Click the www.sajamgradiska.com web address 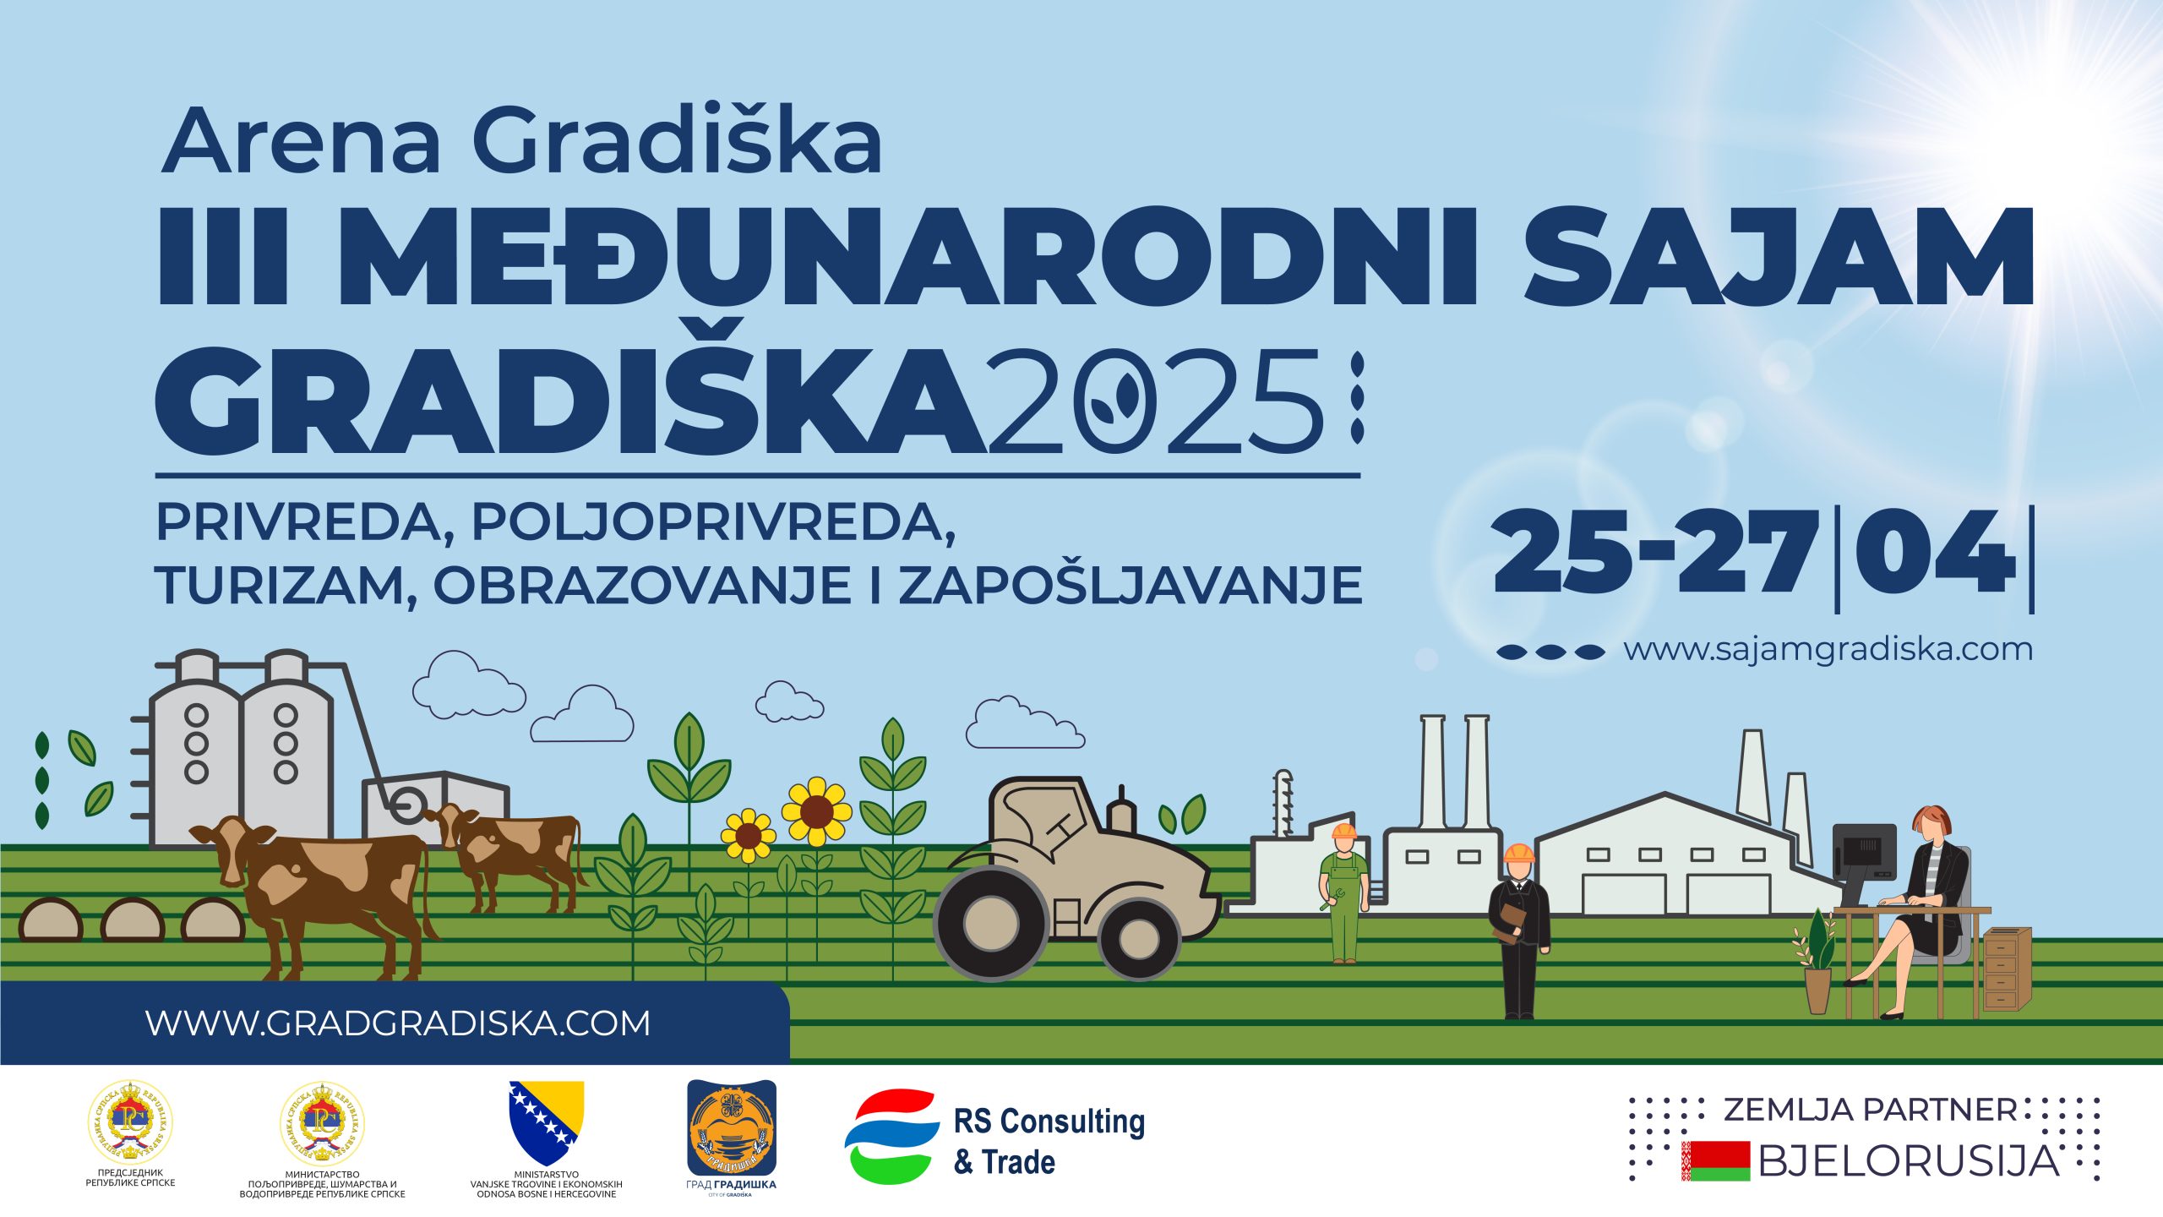1828,650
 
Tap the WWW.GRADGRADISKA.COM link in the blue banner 398,1023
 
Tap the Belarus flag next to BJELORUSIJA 1715,1161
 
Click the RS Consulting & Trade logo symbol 892,1136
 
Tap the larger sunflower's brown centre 816,812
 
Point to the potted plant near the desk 1817,964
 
